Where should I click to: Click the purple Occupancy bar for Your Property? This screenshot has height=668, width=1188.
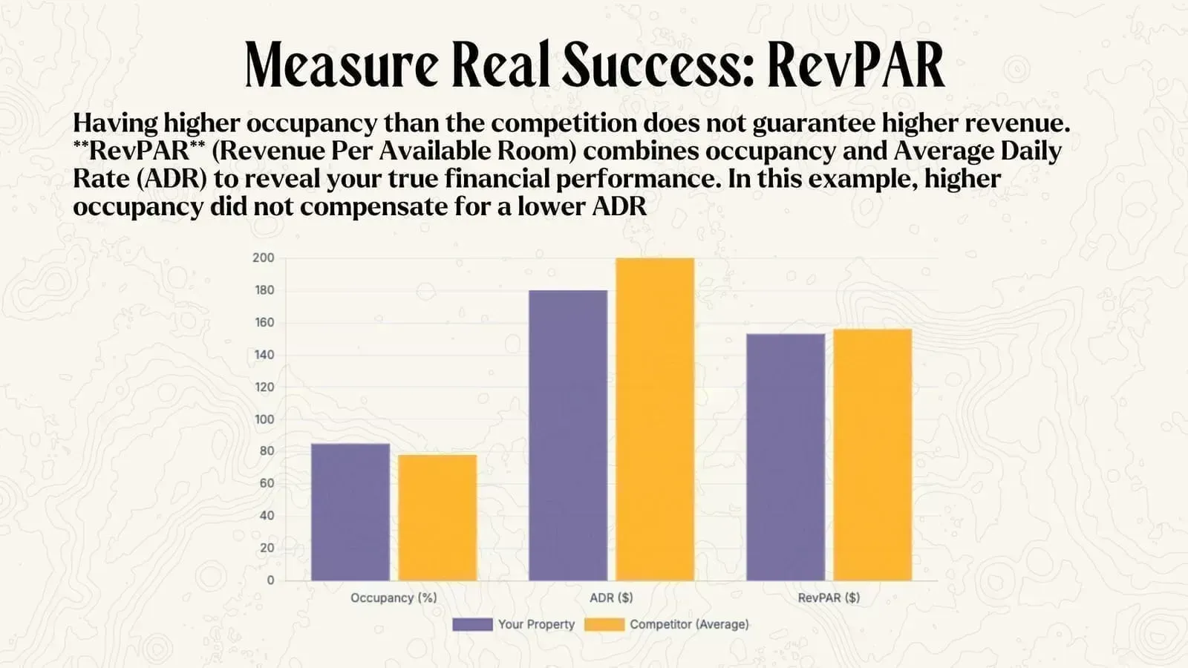pyautogui.click(x=350, y=512)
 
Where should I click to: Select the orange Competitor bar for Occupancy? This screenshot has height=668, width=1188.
pyautogui.click(x=437, y=517)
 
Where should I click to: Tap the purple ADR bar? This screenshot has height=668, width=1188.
pyautogui.click(x=567, y=435)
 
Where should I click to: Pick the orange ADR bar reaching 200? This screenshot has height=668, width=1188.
pyautogui.click(x=655, y=419)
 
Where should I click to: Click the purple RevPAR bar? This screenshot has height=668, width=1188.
pyautogui.click(x=785, y=457)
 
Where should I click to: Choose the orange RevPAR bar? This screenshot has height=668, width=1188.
pyautogui.click(x=872, y=454)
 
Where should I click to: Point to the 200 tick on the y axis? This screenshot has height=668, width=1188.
pyautogui.click(x=263, y=258)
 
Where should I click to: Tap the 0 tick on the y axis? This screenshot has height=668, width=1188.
pyautogui.click(x=270, y=580)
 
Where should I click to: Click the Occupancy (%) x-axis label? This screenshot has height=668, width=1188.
pyautogui.click(x=394, y=597)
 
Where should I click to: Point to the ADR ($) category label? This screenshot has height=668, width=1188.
pyautogui.click(x=611, y=597)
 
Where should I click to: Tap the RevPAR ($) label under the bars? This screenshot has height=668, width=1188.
pyautogui.click(x=829, y=597)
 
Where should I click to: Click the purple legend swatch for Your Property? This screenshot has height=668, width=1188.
pyautogui.click(x=472, y=624)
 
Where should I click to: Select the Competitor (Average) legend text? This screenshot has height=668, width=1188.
pyautogui.click(x=689, y=624)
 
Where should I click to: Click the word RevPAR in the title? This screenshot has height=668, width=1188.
pyautogui.click(x=855, y=65)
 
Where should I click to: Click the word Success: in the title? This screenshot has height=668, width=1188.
pyautogui.click(x=658, y=65)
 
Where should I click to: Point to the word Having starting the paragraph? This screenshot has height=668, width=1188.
pyautogui.click(x=115, y=123)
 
